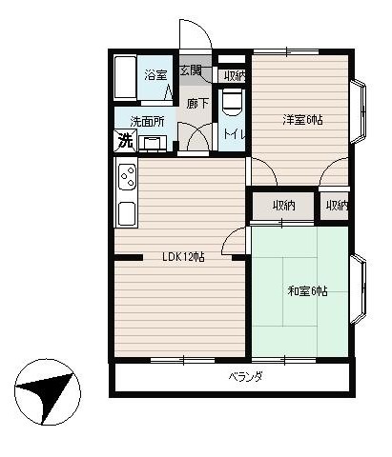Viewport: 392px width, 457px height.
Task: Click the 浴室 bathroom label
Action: tap(155, 75)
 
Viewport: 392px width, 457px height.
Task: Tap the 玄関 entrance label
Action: tap(191, 70)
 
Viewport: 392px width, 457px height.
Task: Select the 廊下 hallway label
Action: tap(197, 104)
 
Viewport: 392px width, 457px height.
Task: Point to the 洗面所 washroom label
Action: tap(147, 122)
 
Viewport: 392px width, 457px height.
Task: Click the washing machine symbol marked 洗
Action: tap(125, 141)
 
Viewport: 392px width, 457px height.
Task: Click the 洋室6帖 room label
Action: tap(302, 120)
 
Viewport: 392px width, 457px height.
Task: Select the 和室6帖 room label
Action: tap(307, 290)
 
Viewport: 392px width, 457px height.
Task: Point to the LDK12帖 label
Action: tap(183, 256)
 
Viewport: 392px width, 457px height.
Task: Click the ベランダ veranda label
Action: tap(246, 377)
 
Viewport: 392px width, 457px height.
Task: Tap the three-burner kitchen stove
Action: tap(128, 177)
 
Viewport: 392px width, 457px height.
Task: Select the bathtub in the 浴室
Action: tap(125, 77)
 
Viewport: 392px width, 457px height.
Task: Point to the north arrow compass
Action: tap(48, 392)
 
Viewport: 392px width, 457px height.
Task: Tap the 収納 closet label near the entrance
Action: tap(235, 76)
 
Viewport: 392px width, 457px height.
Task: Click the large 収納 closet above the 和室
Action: tap(283, 206)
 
